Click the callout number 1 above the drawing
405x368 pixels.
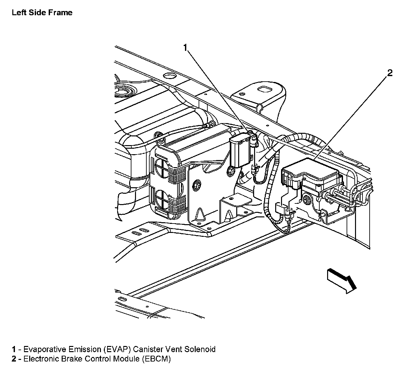pos(185,48)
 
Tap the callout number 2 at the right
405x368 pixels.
pos(390,73)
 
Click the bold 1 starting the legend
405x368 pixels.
pos(14,349)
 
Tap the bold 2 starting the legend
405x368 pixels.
pos(14,359)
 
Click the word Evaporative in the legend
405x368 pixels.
pos(44,349)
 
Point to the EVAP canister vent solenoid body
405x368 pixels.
pos(240,151)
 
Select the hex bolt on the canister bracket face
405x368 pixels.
pos(197,186)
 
